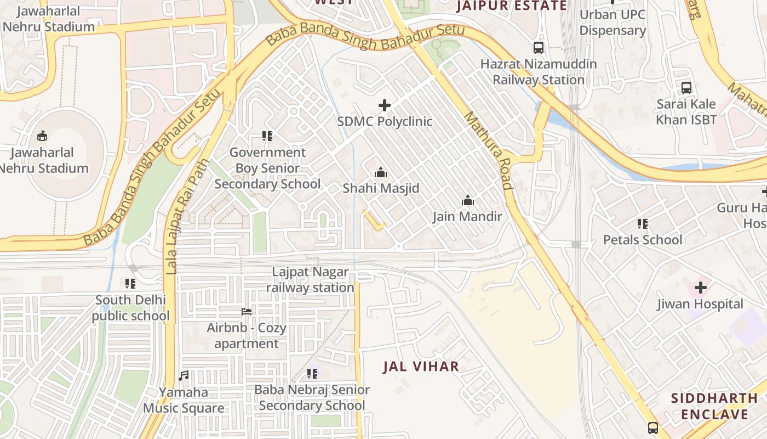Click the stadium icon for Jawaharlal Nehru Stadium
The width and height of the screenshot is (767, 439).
coord(42,136)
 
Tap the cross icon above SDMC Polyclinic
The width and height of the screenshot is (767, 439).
coord(385,105)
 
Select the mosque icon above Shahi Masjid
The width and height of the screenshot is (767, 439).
coord(380,173)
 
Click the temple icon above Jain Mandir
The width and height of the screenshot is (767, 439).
coord(467,200)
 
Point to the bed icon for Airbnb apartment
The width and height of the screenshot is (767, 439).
coord(247,312)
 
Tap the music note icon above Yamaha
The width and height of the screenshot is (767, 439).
coord(184,376)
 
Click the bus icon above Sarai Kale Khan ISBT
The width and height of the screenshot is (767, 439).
coord(686,87)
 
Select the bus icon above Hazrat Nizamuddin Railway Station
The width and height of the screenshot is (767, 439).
coord(539,48)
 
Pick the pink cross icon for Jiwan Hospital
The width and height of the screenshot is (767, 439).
coord(700,287)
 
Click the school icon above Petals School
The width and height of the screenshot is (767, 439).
coord(643,223)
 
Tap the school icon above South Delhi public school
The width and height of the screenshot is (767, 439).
coord(130,283)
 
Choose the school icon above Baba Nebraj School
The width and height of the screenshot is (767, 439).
coord(312,374)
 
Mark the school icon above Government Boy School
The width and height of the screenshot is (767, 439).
coord(267,136)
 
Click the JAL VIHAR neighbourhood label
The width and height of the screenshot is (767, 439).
coord(421,367)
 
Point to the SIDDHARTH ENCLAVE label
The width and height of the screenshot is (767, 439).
coord(709,406)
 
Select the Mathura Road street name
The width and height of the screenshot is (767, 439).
coord(488,150)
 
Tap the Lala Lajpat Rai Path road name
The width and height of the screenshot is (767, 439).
coord(188,217)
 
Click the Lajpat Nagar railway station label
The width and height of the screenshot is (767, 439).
coord(310,280)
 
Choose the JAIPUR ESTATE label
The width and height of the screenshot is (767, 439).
coord(511,6)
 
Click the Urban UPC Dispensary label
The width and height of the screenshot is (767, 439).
coord(613,22)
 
